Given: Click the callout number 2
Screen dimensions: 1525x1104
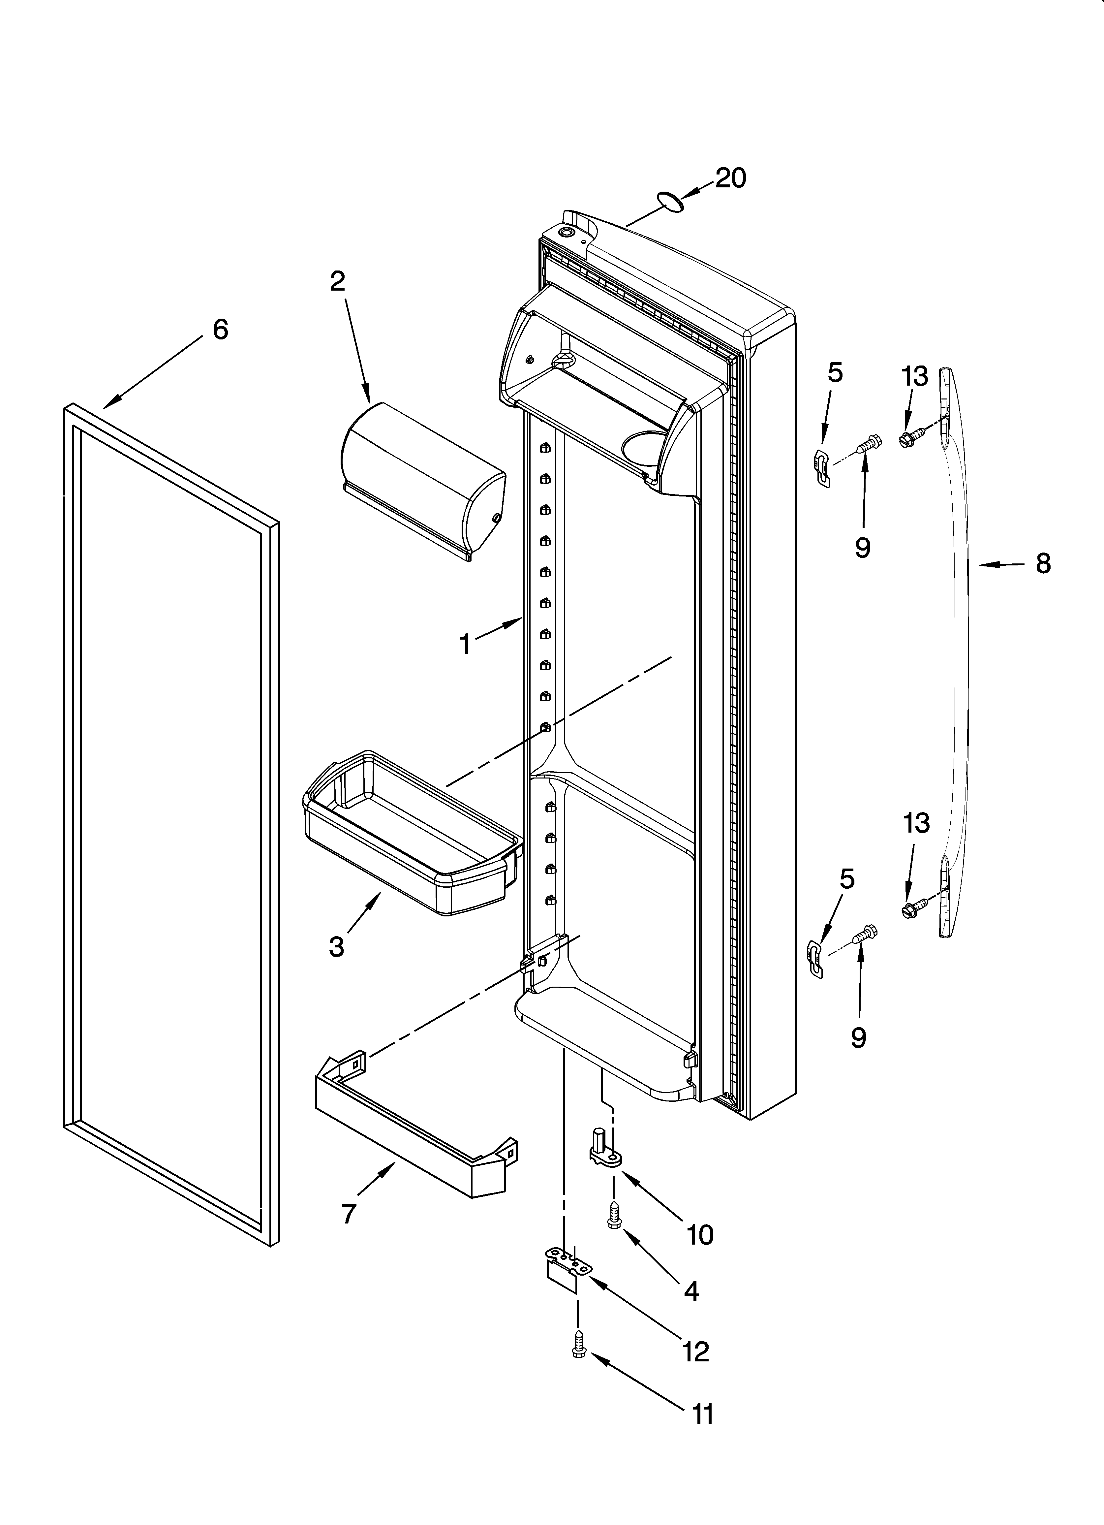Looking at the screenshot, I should point(338,281).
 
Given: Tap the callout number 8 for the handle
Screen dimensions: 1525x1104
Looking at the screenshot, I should point(1043,563).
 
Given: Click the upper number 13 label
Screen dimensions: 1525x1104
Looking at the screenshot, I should point(915,376).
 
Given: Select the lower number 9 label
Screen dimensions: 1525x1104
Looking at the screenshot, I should point(859,1037).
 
